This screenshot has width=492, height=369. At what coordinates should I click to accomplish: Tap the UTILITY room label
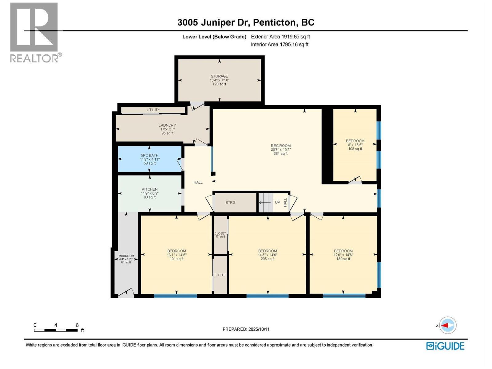point(153,110)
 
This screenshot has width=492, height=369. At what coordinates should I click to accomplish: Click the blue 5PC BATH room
point(149,159)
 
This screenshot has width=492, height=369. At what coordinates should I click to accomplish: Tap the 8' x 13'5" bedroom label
point(355,145)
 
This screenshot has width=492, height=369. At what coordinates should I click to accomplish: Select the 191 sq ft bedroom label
point(176,255)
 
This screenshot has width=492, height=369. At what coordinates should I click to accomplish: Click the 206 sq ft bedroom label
point(267,255)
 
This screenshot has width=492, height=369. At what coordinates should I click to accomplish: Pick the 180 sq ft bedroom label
point(343,255)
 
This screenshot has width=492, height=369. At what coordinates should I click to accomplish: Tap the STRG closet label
point(230,202)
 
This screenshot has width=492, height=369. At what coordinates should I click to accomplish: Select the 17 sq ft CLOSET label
point(220,235)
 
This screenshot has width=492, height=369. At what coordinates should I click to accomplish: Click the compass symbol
point(447,325)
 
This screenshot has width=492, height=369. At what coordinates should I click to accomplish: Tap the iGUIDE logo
point(445,346)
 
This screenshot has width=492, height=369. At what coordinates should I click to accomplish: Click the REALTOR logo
point(34,32)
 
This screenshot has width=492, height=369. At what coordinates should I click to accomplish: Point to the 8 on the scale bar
point(77,325)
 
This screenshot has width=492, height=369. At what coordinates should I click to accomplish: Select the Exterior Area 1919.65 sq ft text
point(280,37)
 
